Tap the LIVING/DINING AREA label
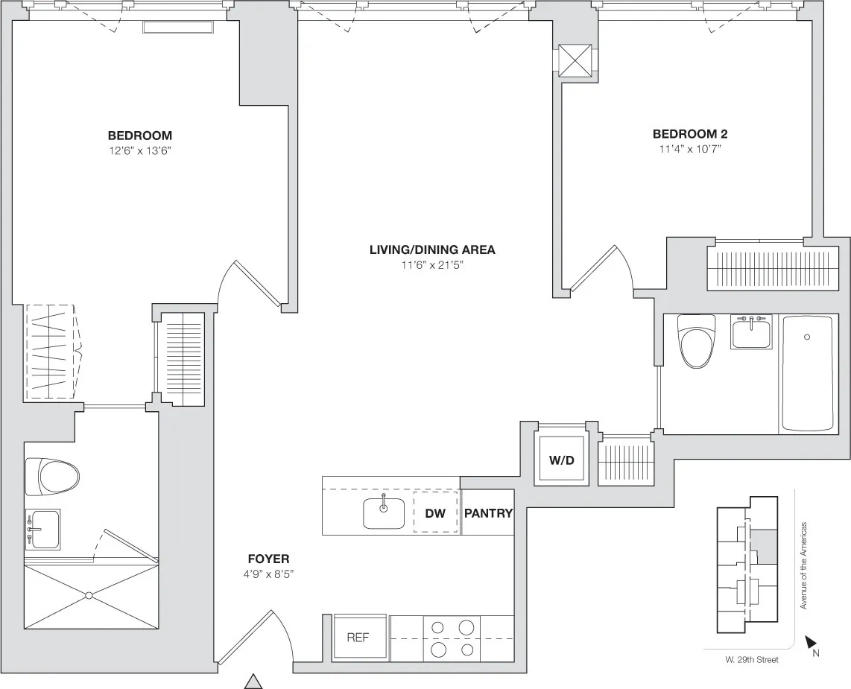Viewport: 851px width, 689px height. point(432,250)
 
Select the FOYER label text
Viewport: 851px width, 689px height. point(268,559)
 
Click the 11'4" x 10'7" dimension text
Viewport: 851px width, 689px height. point(689,148)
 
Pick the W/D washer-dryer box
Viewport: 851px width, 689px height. point(562,460)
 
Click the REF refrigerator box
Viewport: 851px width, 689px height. point(358,638)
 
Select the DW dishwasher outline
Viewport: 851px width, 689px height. point(435,512)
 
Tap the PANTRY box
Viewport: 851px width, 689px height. point(488,512)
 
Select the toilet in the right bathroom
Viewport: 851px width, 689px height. point(696,340)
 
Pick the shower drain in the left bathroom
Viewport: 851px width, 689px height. point(89,595)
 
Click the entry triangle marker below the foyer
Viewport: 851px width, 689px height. point(254,681)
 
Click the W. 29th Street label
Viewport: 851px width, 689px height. point(751,659)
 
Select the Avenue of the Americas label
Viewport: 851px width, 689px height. point(804,565)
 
